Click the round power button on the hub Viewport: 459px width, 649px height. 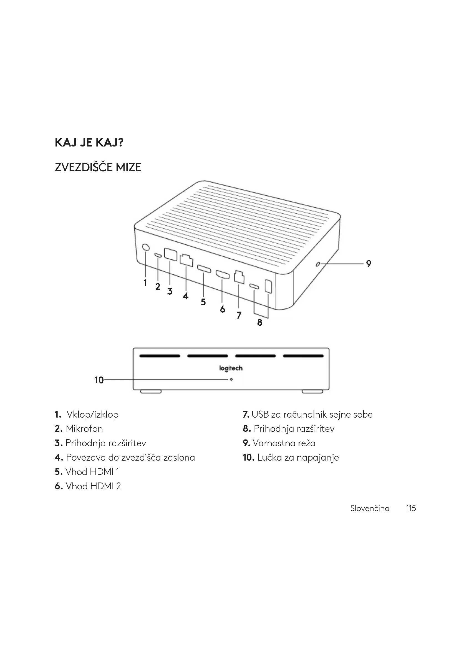click(x=146, y=247)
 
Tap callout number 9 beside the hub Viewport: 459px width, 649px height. click(x=369, y=264)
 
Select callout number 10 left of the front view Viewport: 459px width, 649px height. click(x=99, y=380)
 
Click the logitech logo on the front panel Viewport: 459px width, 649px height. click(x=231, y=368)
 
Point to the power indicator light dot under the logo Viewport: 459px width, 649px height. click(x=231, y=379)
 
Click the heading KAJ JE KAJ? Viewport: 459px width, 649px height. click(x=89, y=143)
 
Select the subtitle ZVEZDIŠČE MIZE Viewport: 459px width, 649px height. click(x=98, y=167)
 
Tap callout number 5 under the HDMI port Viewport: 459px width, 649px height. click(x=203, y=302)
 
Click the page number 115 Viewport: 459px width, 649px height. click(x=411, y=508)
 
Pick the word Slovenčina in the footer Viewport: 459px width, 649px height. click(x=370, y=509)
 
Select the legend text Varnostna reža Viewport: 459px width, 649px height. click(x=284, y=443)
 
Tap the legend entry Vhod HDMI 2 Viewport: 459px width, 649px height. click(x=93, y=486)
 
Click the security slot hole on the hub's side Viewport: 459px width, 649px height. click(x=318, y=264)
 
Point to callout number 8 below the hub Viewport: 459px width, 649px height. click(x=260, y=322)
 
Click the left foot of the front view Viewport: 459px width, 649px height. click(x=151, y=392)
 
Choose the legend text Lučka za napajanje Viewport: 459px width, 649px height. click(x=298, y=458)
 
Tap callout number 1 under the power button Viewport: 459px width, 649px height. click(x=145, y=283)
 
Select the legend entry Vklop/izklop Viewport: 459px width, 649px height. click(x=92, y=415)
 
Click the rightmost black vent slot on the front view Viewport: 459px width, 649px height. click(x=303, y=356)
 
